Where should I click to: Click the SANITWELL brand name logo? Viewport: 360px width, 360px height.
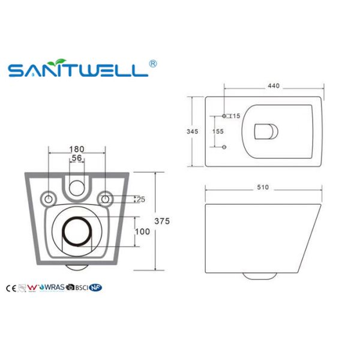coord(78,70)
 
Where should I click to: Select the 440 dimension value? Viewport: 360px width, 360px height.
coord(274,86)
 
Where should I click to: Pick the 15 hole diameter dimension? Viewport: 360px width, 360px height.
coord(236,116)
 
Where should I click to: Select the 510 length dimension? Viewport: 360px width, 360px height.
coord(262,187)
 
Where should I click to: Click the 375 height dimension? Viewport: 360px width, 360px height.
coord(162,221)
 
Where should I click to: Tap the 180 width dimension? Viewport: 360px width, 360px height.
coord(76,148)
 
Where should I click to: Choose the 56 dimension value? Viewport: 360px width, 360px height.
coord(76,158)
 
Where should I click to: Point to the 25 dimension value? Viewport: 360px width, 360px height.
coord(140,199)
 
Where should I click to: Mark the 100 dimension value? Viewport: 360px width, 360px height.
coord(142,231)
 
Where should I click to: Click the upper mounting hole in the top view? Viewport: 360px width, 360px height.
coord(224,115)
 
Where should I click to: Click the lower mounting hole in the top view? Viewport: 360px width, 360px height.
coord(224,147)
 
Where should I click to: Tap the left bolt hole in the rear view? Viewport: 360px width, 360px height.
coord(48,198)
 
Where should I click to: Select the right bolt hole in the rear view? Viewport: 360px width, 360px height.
coord(105,198)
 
